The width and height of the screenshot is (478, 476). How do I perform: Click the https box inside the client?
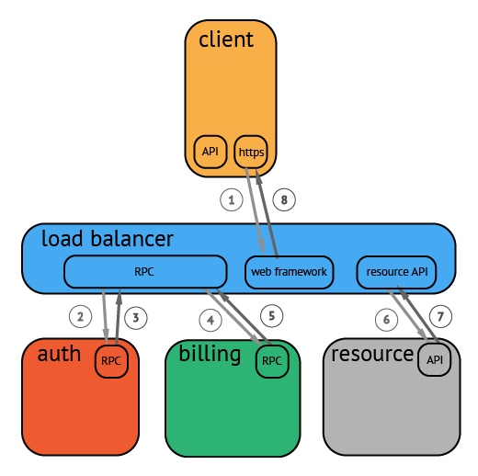tap(250, 152)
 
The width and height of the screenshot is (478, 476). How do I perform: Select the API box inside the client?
tap(211, 152)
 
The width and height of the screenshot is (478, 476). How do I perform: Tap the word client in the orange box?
tap(225, 40)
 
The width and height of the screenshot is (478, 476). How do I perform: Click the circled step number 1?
tap(232, 198)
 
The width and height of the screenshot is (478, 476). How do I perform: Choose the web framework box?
tap(289, 272)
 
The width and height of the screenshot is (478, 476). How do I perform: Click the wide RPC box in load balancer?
tap(145, 272)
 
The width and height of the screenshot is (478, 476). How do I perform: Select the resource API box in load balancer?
tap(395, 272)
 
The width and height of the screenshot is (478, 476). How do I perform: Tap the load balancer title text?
tap(107, 240)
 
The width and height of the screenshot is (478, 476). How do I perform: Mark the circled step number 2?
tap(81, 318)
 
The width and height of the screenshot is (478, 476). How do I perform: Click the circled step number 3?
tap(135, 318)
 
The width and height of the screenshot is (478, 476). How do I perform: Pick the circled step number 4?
tap(211, 320)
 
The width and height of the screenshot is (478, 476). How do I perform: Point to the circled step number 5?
tap(270, 315)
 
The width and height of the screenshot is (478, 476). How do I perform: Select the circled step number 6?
tap(386, 320)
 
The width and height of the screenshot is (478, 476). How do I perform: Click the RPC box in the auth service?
tap(111, 361)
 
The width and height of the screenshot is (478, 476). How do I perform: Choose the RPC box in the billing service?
tap(272, 361)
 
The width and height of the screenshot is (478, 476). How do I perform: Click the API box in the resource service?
tap(435, 360)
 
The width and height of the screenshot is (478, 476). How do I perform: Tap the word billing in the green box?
tap(210, 355)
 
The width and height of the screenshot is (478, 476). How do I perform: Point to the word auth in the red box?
tap(59, 355)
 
